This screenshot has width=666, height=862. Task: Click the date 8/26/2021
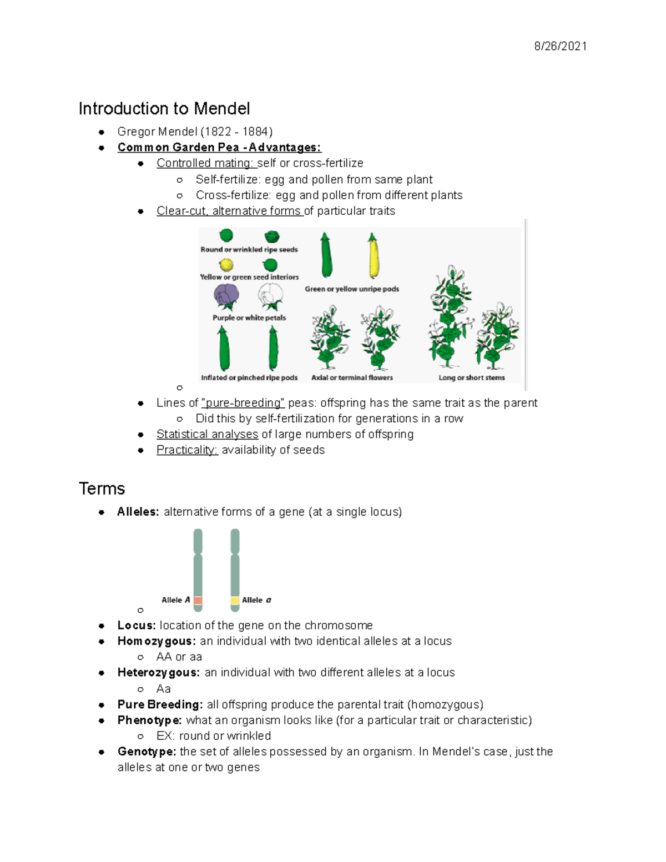click(x=560, y=46)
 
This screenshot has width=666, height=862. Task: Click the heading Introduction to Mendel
click(x=164, y=108)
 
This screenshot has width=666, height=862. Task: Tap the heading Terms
click(x=102, y=488)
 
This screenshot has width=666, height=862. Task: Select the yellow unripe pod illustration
click(x=373, y=256)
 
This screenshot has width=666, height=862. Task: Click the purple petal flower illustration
click(x=226, y=296)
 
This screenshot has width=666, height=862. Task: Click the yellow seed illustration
click(x=226, y=264)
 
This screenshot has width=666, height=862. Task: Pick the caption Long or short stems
click(x=472, y=377)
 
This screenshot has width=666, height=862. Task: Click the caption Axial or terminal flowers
click(x=352, y=377)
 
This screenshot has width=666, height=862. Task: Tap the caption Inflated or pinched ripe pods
click(x=249, y=377)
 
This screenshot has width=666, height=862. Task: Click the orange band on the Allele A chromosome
click(x=198, y=600)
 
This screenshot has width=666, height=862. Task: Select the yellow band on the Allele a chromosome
click(x=235, y=600)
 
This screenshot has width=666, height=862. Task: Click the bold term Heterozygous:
click(x=158, y=672)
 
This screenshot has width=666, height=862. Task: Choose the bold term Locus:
click(x=136, y=625)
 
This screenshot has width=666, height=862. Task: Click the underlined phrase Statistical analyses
click(x=207, y=434)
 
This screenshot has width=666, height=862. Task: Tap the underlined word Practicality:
click(x=187, y=450)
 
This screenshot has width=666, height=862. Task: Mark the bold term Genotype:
click(x=147, y=751)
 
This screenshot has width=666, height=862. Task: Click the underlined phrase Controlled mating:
click(x=205, y=163)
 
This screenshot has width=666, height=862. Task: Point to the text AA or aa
click(x=179, y=657)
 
